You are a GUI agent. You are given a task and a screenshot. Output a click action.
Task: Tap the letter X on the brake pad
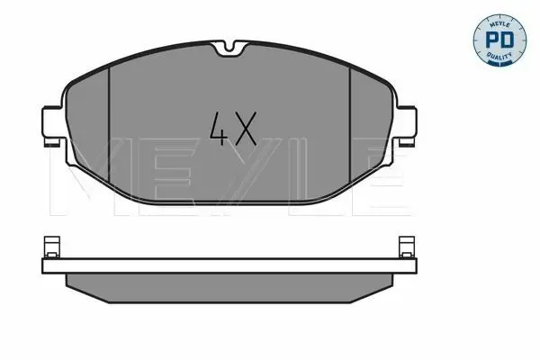(x=245, y=128)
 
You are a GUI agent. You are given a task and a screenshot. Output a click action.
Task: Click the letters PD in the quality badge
(x=499, y=40)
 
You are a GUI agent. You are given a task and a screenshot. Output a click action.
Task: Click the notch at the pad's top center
(x=229, y=49)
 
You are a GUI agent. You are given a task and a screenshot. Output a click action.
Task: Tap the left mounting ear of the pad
(x=52, y=123)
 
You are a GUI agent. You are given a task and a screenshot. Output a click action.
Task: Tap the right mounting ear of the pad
(x=407, y=123)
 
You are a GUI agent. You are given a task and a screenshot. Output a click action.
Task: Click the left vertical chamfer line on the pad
(x=109, y=124)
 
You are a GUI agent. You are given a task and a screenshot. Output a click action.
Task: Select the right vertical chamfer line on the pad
(x=350, y=124)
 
